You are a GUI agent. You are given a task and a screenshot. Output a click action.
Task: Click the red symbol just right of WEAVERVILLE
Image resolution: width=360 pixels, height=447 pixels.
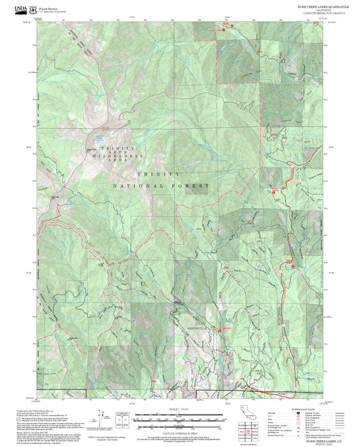click(218, 329)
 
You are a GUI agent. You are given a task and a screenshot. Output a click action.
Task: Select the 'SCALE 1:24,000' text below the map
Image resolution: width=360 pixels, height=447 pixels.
click(179, 409)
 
